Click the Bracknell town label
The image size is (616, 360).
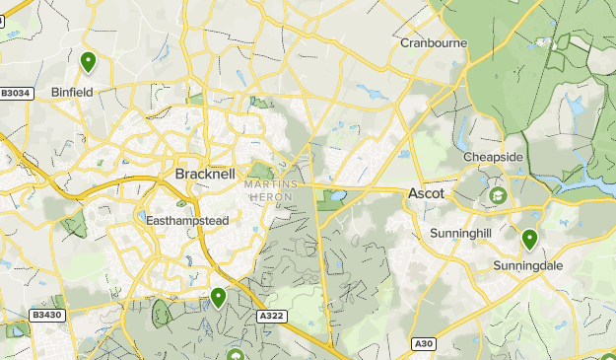click(x=205, y=174)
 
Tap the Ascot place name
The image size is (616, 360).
click(x=426, y=194)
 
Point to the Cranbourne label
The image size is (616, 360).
click(x=434, y=43)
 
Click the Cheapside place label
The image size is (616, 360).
click(x=494, y=157)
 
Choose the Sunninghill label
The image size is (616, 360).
click(x=460, y=233)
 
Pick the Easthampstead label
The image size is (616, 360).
click(x=187, y=221)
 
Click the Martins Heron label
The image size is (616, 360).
click(x=269, y=191)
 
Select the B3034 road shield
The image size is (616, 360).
click(x=17, y=94)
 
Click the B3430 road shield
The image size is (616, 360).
click(x=46, y=316)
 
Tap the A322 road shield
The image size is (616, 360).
click(x=271, y=316)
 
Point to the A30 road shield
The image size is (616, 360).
click(x=423, y=343)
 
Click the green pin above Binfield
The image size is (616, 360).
click(x=89, y=62)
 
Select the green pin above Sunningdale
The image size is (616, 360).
click(x=529, y=239)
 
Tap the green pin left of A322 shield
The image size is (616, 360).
click(x=218, y=296)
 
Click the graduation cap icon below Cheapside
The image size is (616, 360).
click(x=498, y=196)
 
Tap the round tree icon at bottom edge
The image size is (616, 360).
click(x=235, y=354)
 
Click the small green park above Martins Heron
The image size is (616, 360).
click(x=260, y=172)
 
